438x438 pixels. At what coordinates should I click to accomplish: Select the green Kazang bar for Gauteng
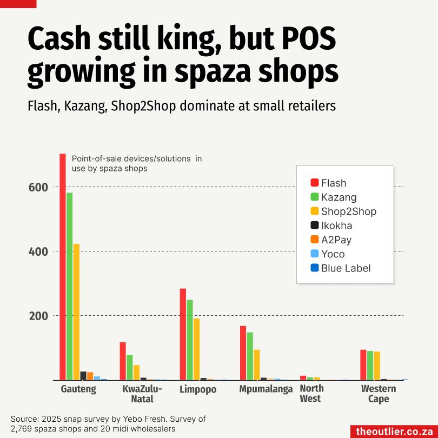(69, 286)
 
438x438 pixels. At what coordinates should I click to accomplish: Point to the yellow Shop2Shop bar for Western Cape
(377, 366)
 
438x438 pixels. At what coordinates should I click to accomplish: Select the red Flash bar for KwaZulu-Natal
(123, 361)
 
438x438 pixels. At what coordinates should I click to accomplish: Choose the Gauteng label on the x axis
(78, 389)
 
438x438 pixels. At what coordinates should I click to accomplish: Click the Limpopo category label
(198, 389)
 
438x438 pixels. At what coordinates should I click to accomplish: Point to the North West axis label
(311, 394)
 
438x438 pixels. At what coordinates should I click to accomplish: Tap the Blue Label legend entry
(346, 268)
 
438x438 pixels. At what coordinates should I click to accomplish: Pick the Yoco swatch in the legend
(314, 254)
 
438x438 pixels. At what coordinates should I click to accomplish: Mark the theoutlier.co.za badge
(393, 431)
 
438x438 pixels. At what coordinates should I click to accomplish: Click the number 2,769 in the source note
(23, 429)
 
